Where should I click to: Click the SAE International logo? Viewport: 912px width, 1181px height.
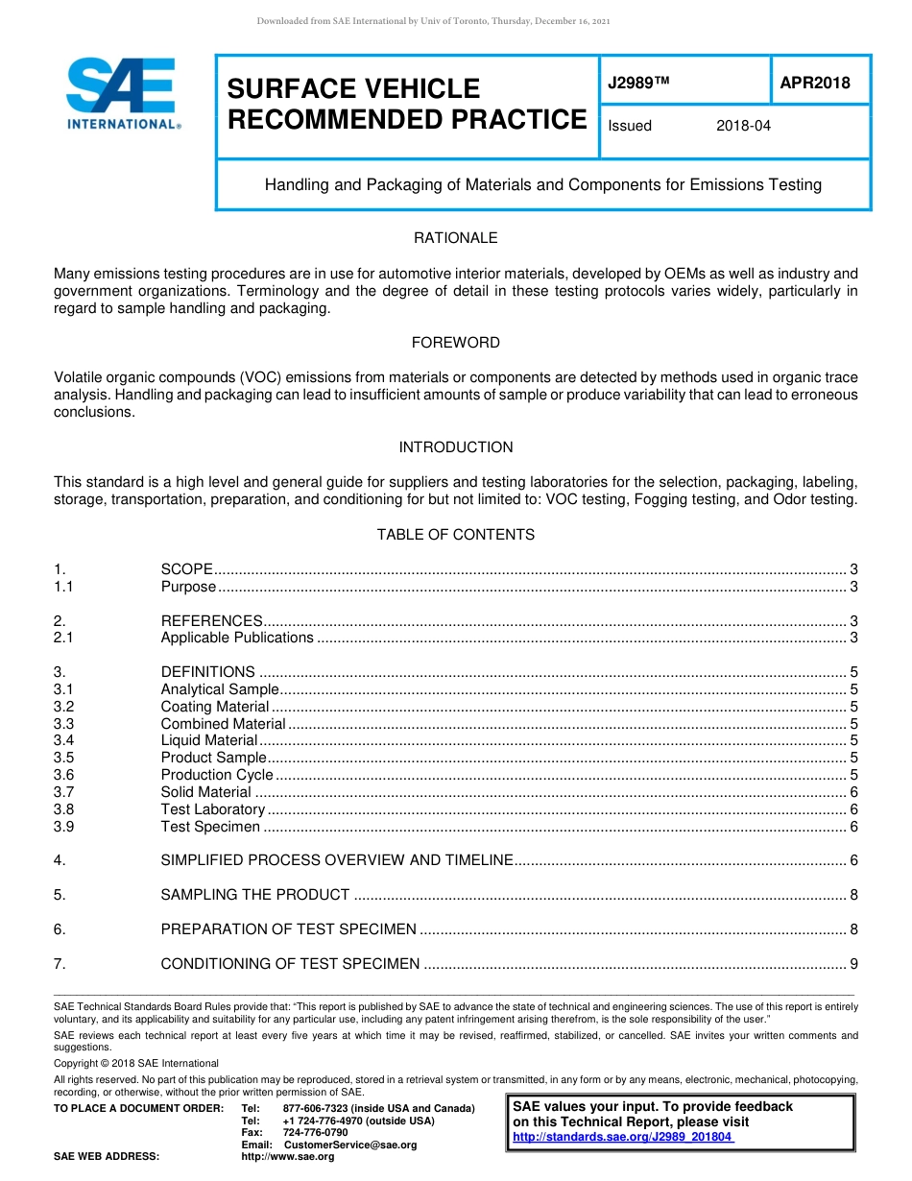coord(122,93)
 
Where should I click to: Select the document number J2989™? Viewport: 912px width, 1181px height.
coord(637,83)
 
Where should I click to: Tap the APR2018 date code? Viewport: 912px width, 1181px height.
coord(814,83)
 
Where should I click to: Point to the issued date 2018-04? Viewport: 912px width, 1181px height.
coord(743,126)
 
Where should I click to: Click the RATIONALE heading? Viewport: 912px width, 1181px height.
coord(455,238)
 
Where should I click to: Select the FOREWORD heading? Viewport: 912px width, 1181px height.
coord(455,343)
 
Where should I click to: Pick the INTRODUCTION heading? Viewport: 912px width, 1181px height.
coord(455,447)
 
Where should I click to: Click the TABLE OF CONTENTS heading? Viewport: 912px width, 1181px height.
coord(455,535)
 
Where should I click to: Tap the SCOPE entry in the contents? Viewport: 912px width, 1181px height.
coord(186,569)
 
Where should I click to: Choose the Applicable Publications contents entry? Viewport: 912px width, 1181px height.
coord(237,638)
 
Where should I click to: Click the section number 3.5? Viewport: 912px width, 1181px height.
coord(64,758)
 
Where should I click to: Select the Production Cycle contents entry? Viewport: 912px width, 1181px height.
coord(217,775)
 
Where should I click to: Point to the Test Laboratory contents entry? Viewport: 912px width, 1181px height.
coord(212,809)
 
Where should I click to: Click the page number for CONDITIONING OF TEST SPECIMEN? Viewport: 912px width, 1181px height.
coord(852,964)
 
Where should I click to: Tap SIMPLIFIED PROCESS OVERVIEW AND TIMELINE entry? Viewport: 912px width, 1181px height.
coord(337,860)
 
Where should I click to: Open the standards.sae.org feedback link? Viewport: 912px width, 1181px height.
coord(623,1137)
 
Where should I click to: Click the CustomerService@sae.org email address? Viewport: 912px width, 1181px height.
coord(350,1145)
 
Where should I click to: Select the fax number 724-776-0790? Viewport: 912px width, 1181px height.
coord(315,1133)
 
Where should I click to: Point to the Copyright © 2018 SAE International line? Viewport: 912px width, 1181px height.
coord(136,1063)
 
